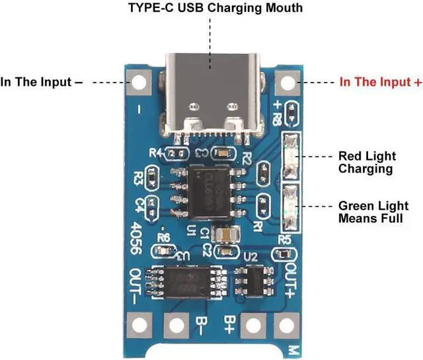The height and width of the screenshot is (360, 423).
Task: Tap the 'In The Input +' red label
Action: coord(381,83)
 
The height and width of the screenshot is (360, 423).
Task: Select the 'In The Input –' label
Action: coord(42,83)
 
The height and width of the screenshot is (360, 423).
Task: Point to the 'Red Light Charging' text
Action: coord(367,162)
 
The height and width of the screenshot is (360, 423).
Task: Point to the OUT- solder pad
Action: coord(137,324)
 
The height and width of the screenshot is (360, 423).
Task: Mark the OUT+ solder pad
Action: coord(285,324)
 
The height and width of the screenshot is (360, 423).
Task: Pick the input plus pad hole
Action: coord(286,83)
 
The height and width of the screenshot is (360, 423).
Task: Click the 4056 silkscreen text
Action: coord(137,235)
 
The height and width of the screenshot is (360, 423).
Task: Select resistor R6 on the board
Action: coord(163,252)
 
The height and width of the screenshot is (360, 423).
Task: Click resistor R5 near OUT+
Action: coord(284,254)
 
